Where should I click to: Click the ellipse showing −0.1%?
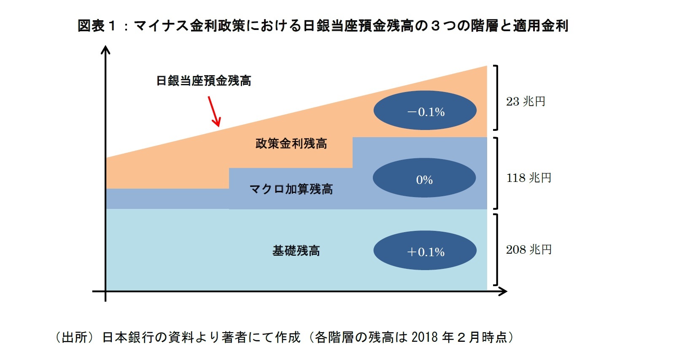[x=425, y=111]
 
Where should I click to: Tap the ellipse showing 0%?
[x=424, y=178]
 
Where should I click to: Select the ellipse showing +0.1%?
[x=425, y=250]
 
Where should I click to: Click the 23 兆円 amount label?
[x=526, y=102]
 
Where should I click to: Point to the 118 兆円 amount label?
[x=528, y=178]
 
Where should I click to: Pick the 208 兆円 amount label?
[x=528, y=250]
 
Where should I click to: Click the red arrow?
[x=214, y=111]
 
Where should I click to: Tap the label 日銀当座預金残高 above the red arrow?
[x=203, y=81]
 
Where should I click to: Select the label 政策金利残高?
[x=291, y=143]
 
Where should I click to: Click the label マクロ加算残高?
[x=291, y=189]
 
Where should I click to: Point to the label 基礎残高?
[x=296, y=251]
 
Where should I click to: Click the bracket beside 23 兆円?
[x=496, y=97]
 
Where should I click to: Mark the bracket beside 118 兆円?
[x=496, y=173]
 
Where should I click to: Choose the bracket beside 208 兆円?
[x=496, y=250]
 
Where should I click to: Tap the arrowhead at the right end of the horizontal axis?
[x=503, y=291]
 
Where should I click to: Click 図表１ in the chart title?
[x=97, y=26]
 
